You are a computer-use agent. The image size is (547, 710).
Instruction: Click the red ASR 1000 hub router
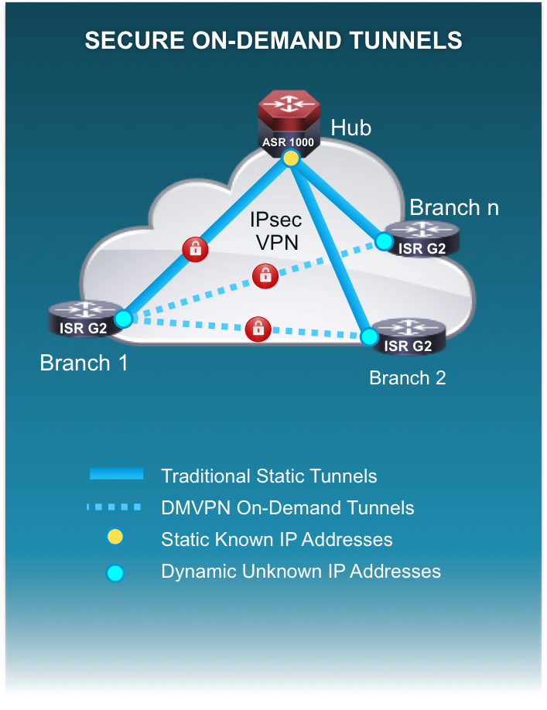pos(289,123)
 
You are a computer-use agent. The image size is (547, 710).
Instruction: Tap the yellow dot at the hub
pos(291,158)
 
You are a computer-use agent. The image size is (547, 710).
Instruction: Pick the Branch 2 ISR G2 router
pos(409,336)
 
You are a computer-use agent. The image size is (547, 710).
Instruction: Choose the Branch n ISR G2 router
pos(422,240)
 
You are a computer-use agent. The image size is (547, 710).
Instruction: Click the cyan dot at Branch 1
pos(123,319)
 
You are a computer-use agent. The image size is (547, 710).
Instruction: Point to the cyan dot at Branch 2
pos(370,336)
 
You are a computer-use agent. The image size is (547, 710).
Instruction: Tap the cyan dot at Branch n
pos(384,241)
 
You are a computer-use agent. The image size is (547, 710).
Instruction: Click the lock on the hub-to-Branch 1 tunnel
pos(195,249)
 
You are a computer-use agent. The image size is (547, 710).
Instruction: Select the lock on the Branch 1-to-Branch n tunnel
pos(265,276)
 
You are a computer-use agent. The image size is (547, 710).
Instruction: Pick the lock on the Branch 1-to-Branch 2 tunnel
pos(258,329)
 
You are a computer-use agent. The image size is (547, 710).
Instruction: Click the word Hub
pos(351,128)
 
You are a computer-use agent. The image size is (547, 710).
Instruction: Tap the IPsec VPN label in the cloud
pos(276,231)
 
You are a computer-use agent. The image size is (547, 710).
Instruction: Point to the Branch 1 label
pos(84,364)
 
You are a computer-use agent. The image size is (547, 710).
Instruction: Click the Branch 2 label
pos(408,378)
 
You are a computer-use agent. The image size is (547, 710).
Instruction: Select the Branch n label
pos(454,208)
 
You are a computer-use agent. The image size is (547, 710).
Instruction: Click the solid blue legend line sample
pos(116,473)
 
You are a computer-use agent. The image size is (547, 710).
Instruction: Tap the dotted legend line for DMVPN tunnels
pos(114,507)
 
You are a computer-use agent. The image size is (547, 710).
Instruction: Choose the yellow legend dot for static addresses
pos(115,537)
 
